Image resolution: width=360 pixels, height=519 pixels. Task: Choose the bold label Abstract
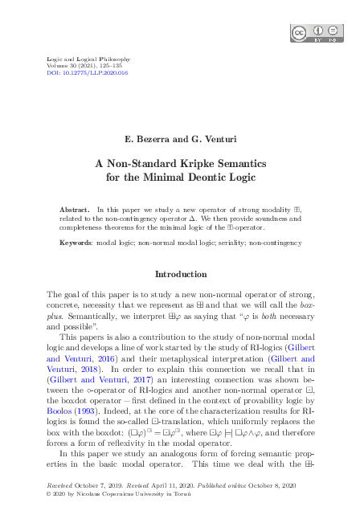click(x=76, y=209)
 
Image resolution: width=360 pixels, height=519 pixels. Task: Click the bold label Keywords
click(x=76, y=241)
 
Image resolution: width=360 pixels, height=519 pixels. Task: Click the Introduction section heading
click(x=180, y=274)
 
